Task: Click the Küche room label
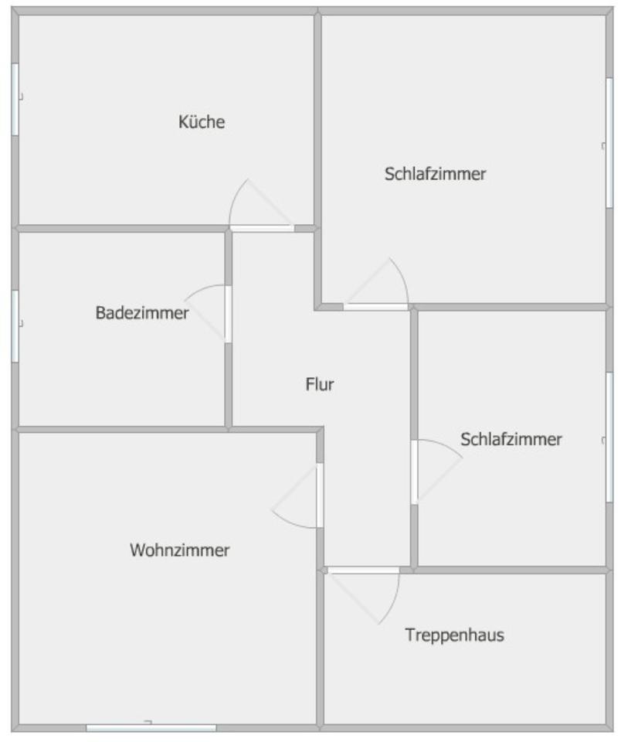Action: pyautogui.click(x=202, y=122)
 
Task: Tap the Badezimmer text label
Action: pyautogui.click(x=142, y=313)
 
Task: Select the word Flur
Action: pyautogui.click(x=320, y=384)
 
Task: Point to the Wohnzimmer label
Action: pyautogui.click(x=180, y=550)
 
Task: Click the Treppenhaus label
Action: pyautogui.click(x=454, y=635)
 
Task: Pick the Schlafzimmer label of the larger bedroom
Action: pyautogui.click(x=435, y=174)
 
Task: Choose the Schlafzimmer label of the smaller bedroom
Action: pyautogui.click(x=511, y=440)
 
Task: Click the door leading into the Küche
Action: pyautogui.click(x=262, y=227)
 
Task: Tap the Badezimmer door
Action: pyautogui.click(x=228, y=314)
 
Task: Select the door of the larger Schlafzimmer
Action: pyautogui.click(x=375, y=307)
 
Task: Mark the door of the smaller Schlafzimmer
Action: pyautogui.click(x=414, y=471)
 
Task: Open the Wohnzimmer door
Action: pyautogui.click(x=320, y=495)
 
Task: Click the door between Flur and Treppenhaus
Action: pyautogui.click(x=363, y=570)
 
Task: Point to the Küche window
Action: pyautogui.click(x=15, y=100)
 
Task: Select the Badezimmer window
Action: pyautogui.click(x=15, y=325)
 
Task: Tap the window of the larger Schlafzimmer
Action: pyautogui.click(x=609, y=142)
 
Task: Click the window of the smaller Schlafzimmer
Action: pyautogui.click(x=609, y=437)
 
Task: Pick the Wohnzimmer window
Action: pyautogui.click(x=151, y=727)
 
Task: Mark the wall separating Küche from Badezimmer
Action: pyautogui.click(x=116, y=229)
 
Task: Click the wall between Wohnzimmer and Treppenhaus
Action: pyautogui.click(x=321, y=649)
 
